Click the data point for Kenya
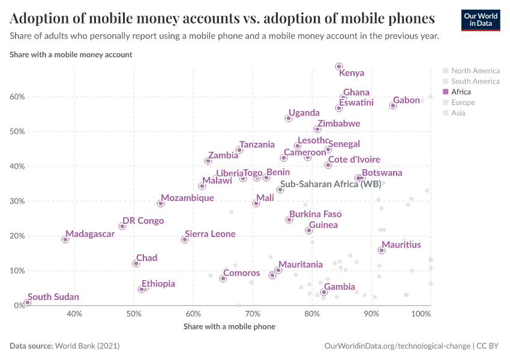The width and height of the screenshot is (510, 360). click(338, 67)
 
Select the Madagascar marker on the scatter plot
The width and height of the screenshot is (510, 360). click(65, 239)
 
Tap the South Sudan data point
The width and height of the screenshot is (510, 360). click(28, 302)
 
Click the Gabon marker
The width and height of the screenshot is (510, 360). click(393, 106)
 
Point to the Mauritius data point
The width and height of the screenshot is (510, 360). click(382, 250)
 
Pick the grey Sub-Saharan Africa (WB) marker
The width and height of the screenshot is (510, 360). click(280, 190)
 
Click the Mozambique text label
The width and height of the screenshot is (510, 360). click(188, 198)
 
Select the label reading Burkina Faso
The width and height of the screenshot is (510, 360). click(315, 214)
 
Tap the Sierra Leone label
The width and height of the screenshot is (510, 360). click(210, 234)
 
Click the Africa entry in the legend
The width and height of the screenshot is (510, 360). click(461, 92)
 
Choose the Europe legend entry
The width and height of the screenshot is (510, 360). click(463, 103)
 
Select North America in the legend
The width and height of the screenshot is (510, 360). click(475, 70)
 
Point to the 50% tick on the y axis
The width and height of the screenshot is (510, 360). click(16, 131)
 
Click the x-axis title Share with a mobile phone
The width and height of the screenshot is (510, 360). click(229, 326)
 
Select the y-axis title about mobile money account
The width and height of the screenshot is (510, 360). click(71, 54)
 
